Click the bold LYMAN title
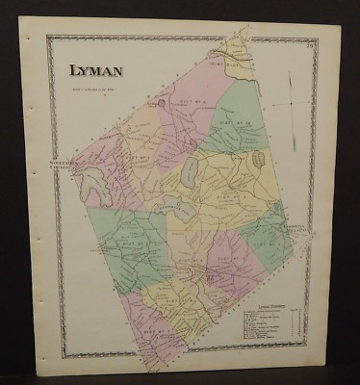point(93,70)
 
